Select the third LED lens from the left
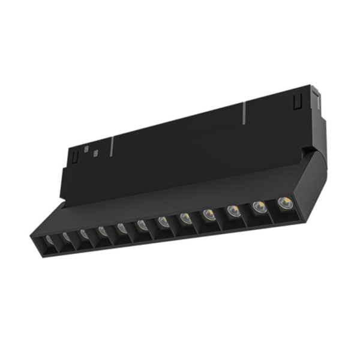point(83,235)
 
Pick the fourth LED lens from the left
point(102,231)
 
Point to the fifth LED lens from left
point(122,227)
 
